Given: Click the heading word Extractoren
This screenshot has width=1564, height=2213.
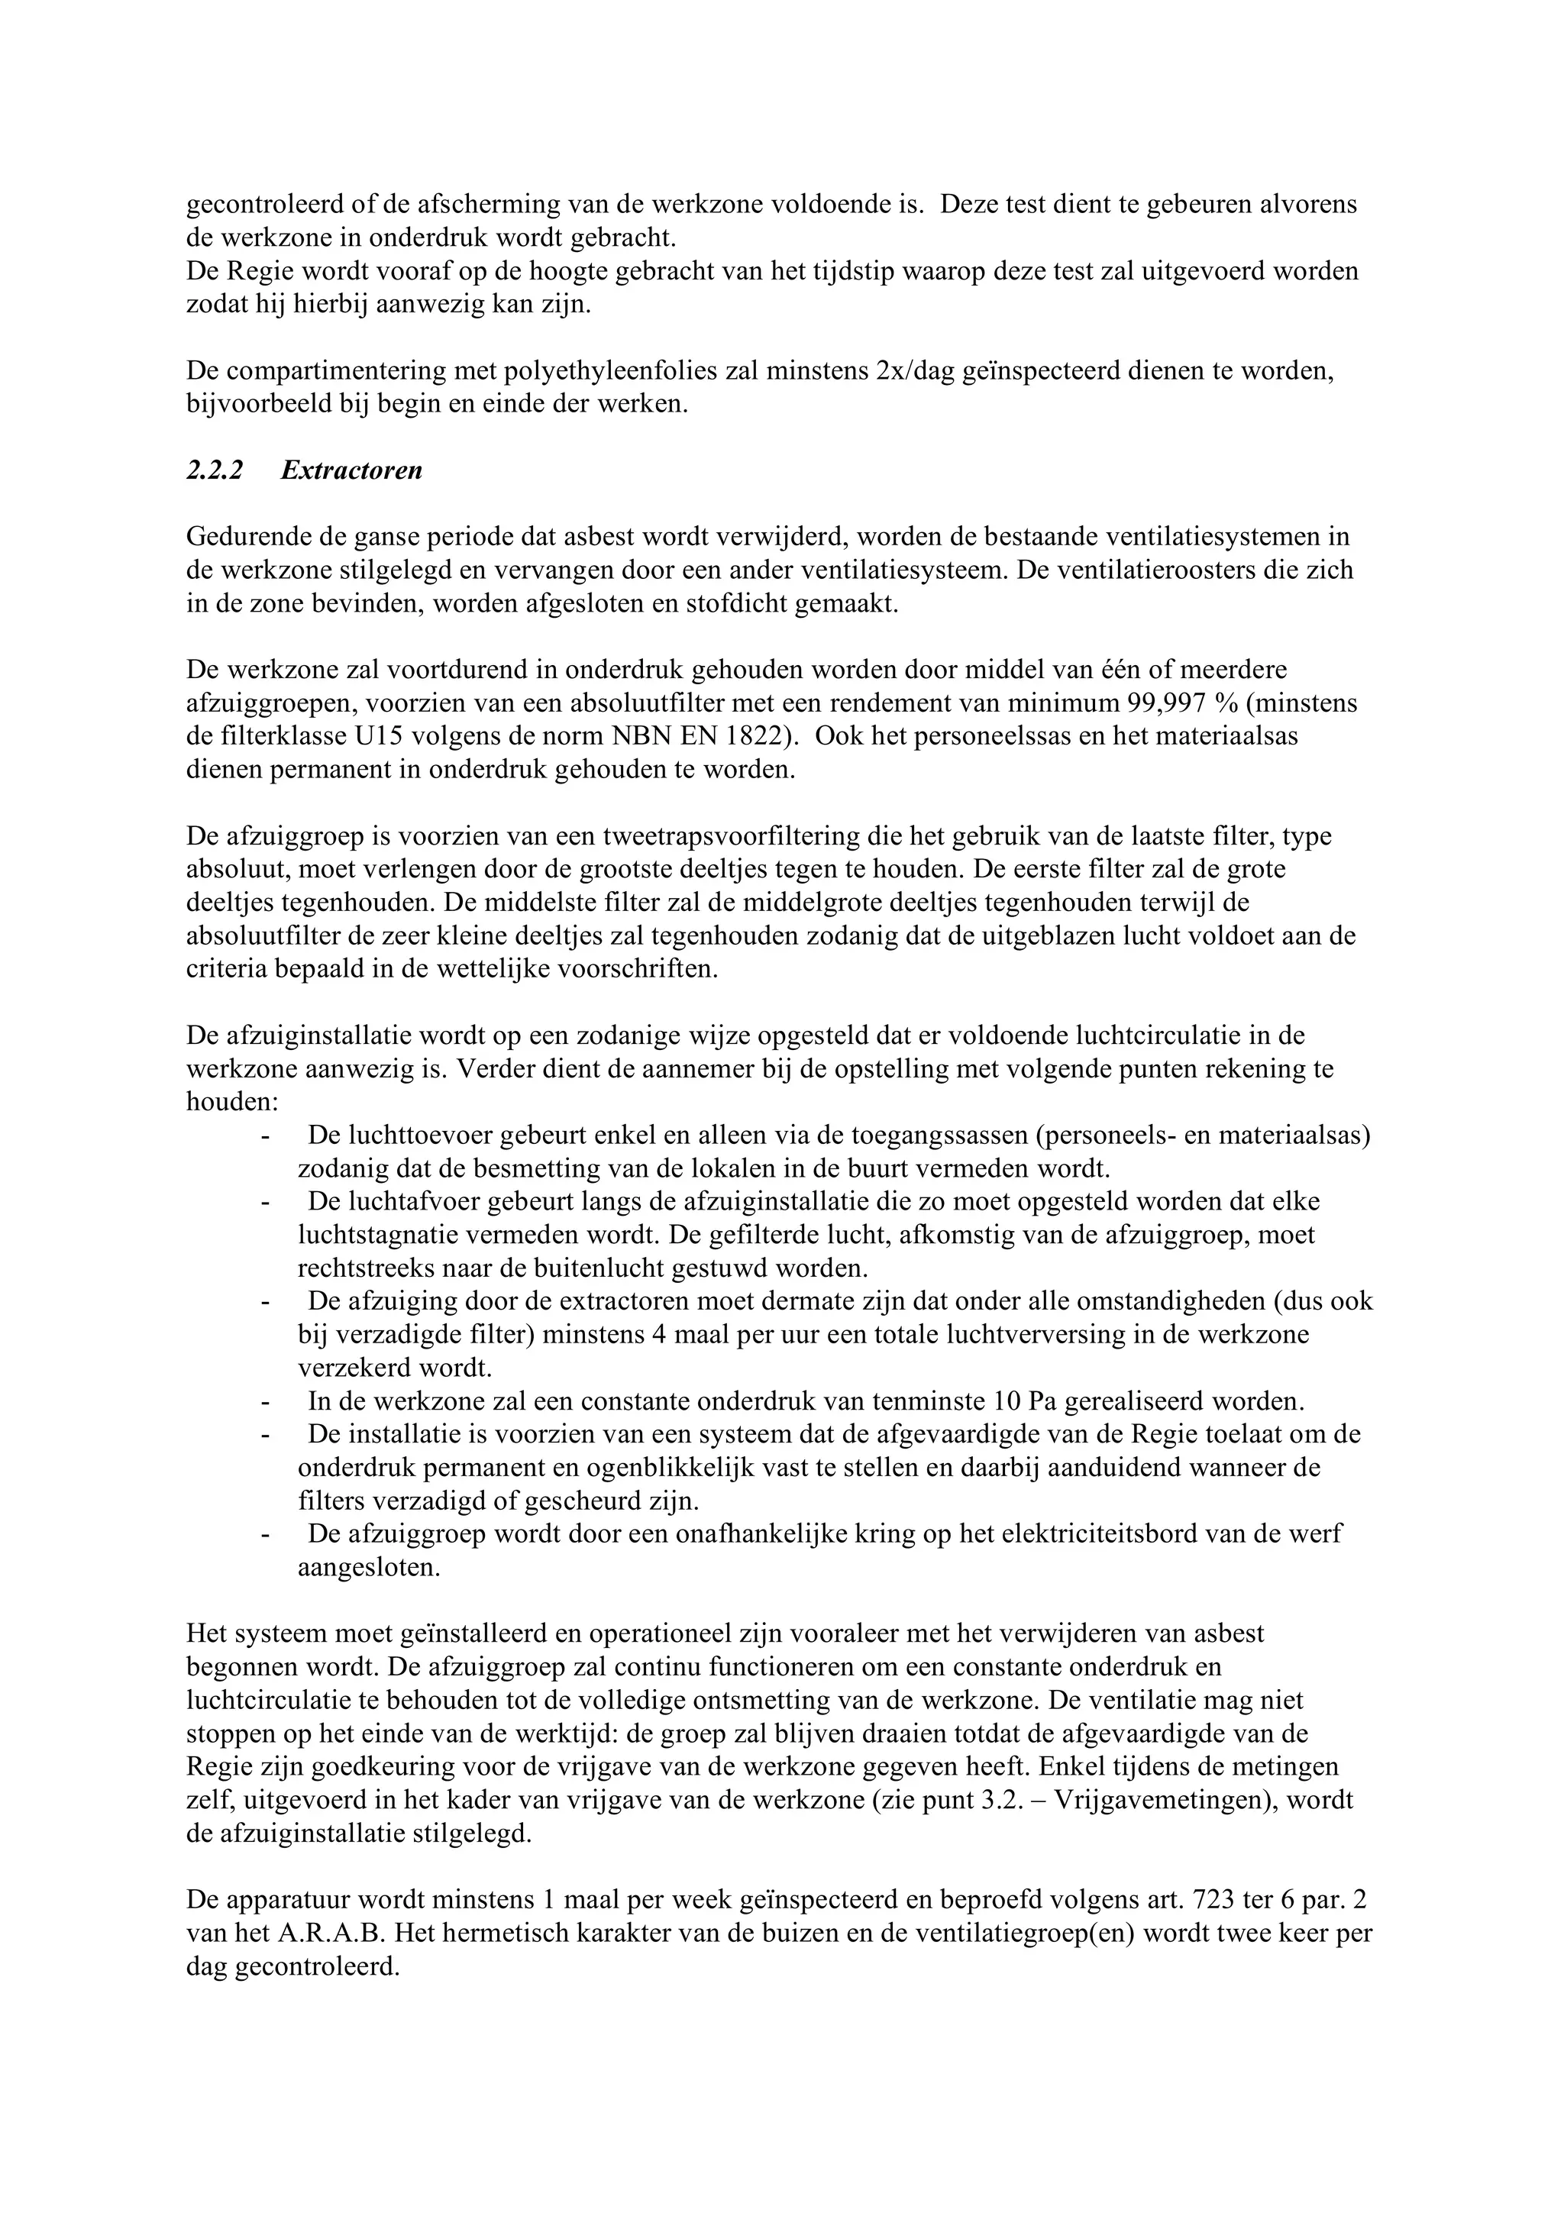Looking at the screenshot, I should [x=352, y=471].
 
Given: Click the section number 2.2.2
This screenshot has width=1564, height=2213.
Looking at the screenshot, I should [x=215, y=471].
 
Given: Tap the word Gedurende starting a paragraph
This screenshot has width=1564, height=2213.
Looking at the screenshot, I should [x=244, y=537].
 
